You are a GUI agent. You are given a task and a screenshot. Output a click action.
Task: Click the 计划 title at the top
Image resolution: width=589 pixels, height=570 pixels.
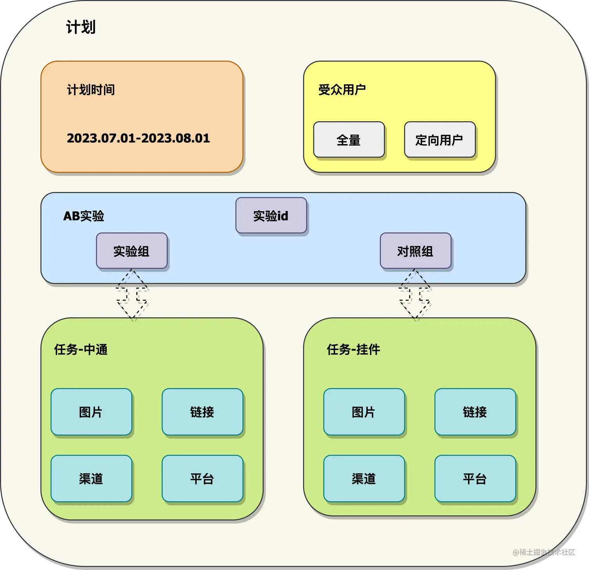(x=81, y=27)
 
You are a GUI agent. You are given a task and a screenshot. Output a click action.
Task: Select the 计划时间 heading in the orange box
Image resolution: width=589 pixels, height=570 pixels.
(x=91, y=90)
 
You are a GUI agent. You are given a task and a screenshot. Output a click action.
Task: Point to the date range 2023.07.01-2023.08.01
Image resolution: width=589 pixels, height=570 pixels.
(x=138, y=138)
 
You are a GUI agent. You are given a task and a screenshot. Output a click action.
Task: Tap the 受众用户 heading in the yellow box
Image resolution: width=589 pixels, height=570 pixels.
(x=342, y=90)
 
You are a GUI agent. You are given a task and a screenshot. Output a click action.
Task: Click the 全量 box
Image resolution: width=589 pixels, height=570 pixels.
(x=349, y=140)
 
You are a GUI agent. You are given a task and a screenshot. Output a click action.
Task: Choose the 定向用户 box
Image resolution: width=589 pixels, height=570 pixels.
(x=439, y=140)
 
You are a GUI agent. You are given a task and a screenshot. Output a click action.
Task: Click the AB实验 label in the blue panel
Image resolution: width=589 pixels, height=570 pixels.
(x=83, y=216)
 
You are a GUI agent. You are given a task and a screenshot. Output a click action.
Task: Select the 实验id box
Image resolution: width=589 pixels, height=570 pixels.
(x=271, y=215)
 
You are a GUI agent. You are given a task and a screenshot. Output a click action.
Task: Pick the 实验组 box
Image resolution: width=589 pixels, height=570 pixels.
(x=132, y=251)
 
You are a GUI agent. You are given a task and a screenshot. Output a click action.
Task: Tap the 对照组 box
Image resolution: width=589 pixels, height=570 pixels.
(x=415, y=251)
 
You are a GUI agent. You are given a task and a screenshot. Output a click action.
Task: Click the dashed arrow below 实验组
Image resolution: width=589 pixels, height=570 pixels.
(x=132, y=295)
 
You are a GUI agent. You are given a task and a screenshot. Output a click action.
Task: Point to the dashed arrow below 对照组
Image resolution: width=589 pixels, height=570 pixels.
(x=415, y=295)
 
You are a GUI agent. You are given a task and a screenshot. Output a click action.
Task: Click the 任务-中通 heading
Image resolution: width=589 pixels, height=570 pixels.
(x=81, y=349)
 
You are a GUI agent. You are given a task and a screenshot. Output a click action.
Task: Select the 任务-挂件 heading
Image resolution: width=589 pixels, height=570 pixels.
(x=353, y=349)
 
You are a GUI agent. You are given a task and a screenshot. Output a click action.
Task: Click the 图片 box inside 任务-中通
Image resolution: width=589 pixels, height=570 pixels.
(x=91, y=412)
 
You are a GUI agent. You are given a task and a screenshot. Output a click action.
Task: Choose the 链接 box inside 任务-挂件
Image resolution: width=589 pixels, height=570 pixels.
(x=475, y=412)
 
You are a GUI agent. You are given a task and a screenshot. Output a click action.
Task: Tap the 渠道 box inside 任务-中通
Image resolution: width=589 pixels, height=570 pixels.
(x=91, y=478)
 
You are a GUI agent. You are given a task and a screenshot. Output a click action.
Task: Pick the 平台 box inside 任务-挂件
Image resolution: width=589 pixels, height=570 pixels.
(x=475, y=478)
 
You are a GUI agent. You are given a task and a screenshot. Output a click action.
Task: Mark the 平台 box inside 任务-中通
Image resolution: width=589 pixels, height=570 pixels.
(x=202, y=478)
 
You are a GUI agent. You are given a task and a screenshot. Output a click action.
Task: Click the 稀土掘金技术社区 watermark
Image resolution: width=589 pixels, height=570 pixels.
(x=544, y=552)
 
